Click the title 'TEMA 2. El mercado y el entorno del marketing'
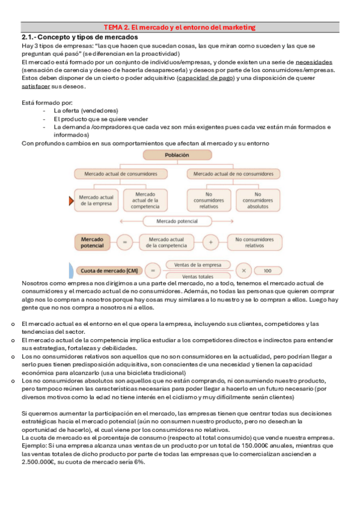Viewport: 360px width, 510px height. (x=180, y=27)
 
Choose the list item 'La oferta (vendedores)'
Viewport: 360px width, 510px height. (x=85, y=111)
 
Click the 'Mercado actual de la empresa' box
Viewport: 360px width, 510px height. (x=96, y=198)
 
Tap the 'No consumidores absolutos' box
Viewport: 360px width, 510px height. (x=257, y=198)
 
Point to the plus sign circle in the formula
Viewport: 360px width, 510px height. (x=210, y=242)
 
